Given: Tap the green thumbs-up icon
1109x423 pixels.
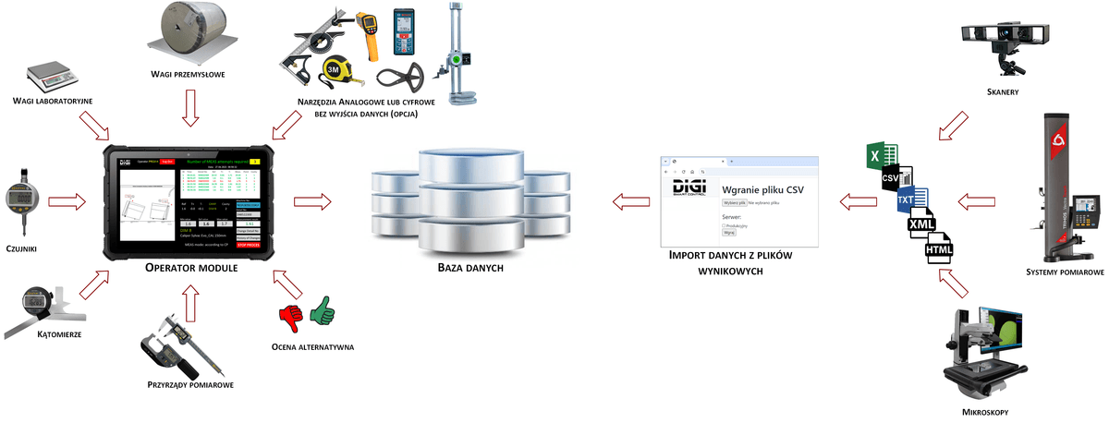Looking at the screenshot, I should [323, 310].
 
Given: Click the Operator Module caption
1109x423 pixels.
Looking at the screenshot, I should [191, 268].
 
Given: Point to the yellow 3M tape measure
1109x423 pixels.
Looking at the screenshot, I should [336, 72].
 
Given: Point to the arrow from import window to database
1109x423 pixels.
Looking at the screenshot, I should [632, 199].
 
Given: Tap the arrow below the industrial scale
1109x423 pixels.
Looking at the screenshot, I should [191, 108].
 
